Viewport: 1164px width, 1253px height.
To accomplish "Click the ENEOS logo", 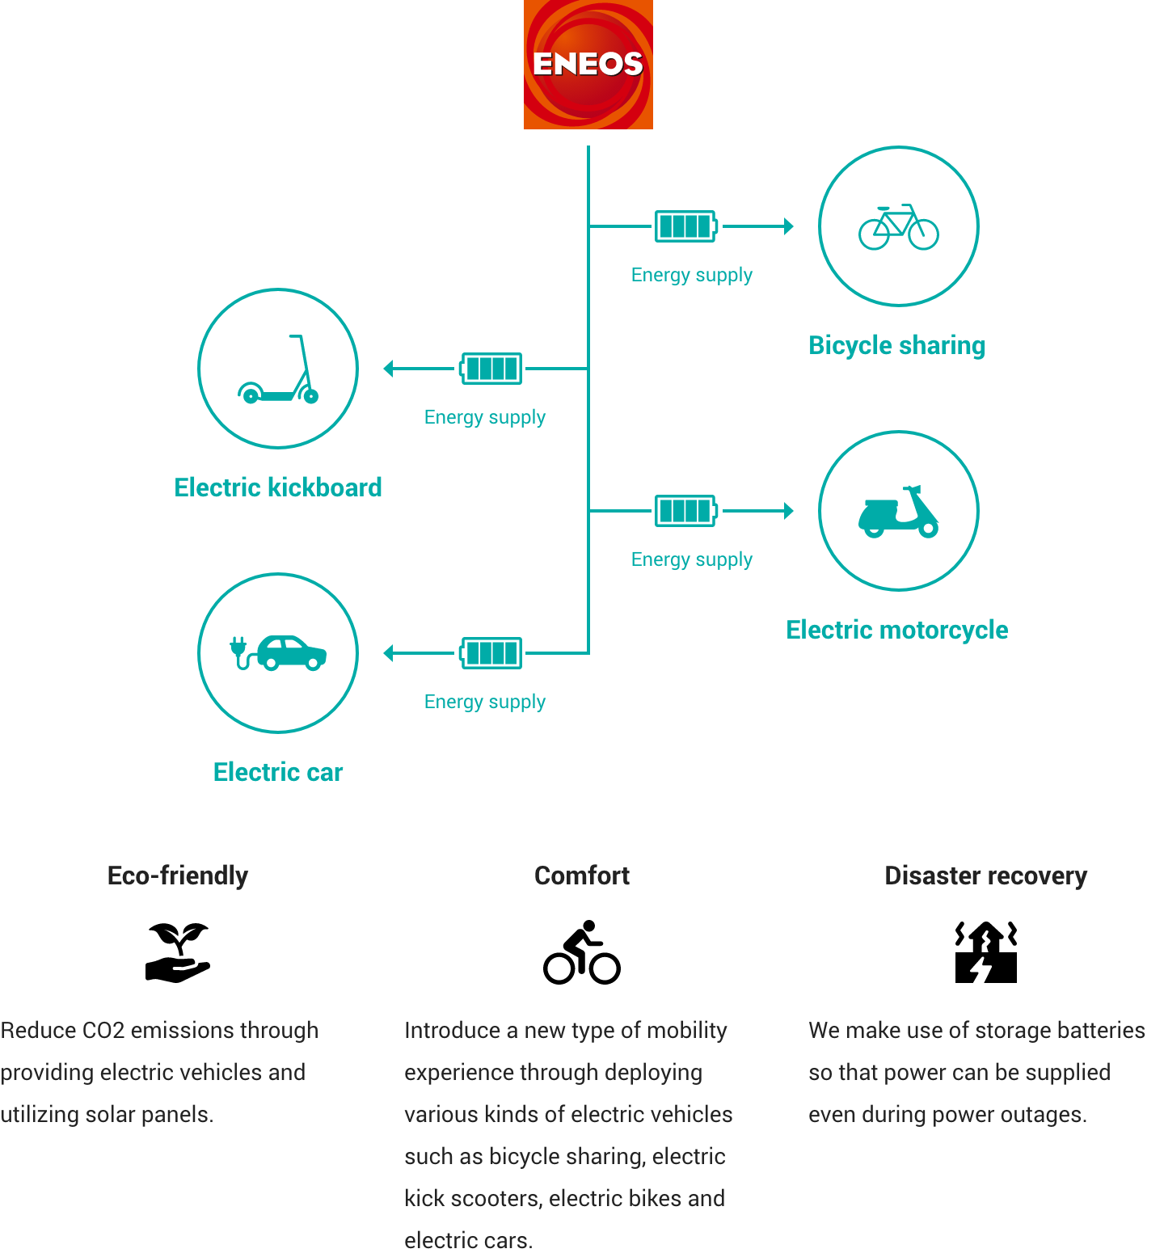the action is click(x=588, y=65).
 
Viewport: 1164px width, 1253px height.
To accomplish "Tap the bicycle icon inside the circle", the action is click(x=899, y=227).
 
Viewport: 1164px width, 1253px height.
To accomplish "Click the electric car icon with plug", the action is click(x=278, y=653).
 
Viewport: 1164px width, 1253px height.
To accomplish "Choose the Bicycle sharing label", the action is click(x=897, y=346).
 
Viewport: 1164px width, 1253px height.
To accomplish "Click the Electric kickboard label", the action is click(x=278, y=487).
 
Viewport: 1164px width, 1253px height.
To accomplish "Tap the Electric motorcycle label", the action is click(x=897, y=630).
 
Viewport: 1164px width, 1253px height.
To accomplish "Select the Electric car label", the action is click(x=278, y=772).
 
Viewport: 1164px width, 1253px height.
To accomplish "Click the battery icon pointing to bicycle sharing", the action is click(x=686, y=226).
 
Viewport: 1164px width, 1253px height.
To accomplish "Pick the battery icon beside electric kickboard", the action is click(x=491, y=369).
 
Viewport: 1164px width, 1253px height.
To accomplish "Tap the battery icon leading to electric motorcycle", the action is click(x=686, y=511).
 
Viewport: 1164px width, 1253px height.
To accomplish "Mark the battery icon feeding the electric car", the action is click(x=491, y=653).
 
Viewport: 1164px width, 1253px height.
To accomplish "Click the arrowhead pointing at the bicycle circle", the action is click(x=789, y=226).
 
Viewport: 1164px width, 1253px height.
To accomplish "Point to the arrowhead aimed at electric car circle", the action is click(x=388, y=653).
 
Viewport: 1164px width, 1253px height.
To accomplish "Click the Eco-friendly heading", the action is click(x=178, y=875).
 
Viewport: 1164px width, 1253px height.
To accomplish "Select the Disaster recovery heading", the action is click(x=986, y=875).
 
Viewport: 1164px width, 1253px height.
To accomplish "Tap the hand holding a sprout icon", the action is click(x=178, y=953).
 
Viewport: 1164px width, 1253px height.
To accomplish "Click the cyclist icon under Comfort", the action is click(x=582, y=952).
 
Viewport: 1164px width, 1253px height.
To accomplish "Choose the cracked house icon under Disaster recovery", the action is click(x=986, y=952).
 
